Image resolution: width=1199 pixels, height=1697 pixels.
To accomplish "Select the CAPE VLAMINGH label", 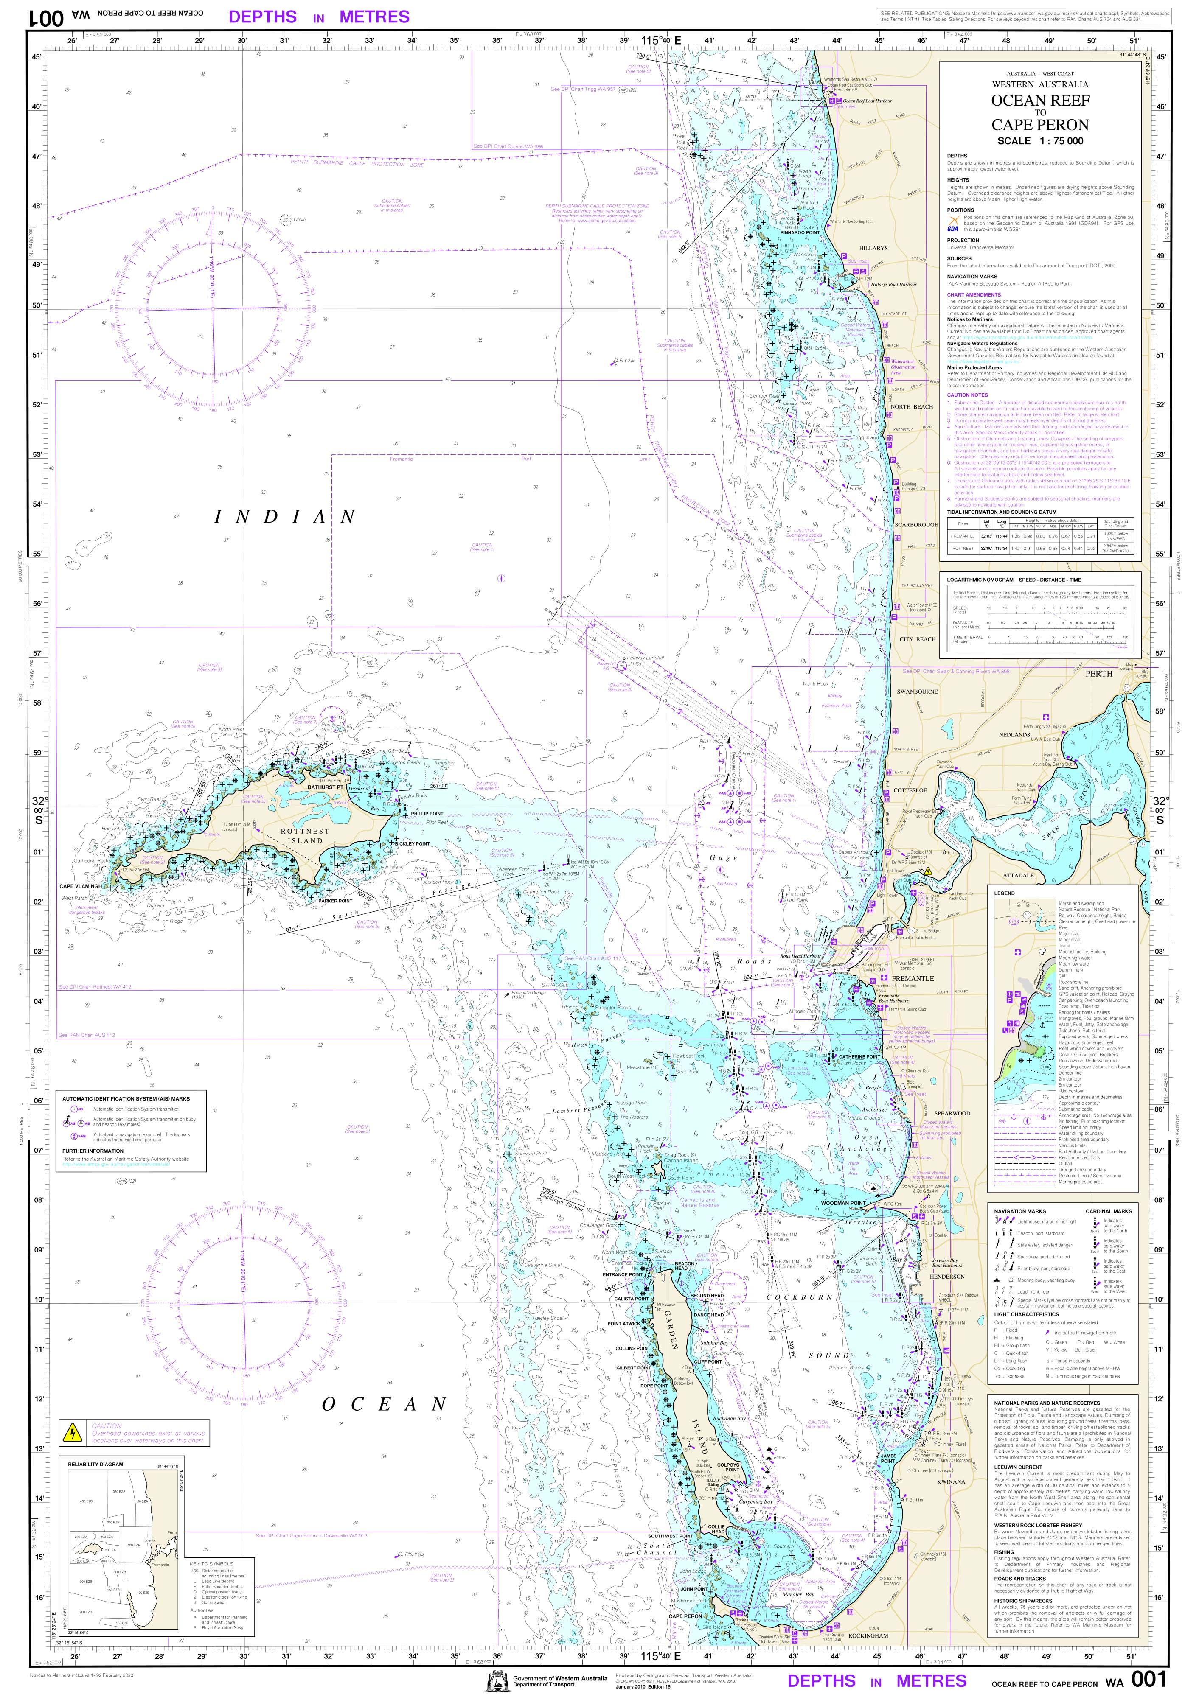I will click(x=81, y=885).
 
